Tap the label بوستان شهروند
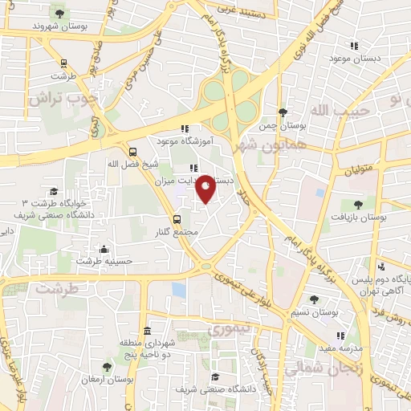point(58,26)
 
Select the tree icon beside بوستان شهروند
point(59,11)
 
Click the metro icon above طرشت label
point(63,63)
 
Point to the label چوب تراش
point(64,98)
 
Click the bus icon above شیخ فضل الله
point(132,150)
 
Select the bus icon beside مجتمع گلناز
point(178,218)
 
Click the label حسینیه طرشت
point(104,261)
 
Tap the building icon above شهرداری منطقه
point(147,331)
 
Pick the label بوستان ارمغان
point(106,379)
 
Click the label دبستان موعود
point(352,59)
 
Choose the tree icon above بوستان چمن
point(282,112)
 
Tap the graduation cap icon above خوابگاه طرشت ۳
point(54,191)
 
